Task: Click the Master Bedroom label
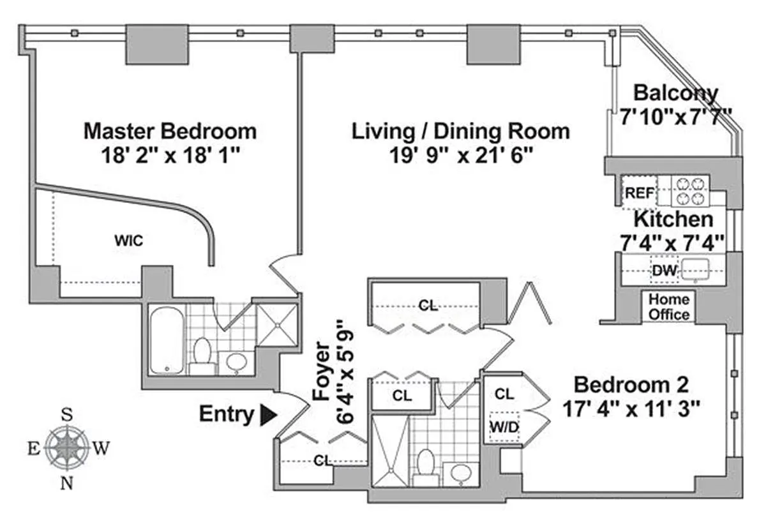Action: [x=170, y=131]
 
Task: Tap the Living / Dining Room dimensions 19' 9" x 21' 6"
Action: [x=461, y=155]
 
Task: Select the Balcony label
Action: [x=676, y=93]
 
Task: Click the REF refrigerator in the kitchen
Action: [x=639, y=193]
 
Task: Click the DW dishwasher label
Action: [x=664, y=271]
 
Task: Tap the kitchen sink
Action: [x=695, y=269]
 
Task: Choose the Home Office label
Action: [x=669, y=307]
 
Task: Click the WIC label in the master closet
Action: [x=128, y=241]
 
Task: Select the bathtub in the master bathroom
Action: [x=167, y=340]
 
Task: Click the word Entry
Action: [x=227, y=414]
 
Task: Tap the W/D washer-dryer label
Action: [x=504, y=427]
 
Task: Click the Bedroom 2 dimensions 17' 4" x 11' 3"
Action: [x=631, y=409]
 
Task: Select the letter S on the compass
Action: [x=67, y=414]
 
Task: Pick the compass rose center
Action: [x=67, y=447]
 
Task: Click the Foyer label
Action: [x=322, y=371]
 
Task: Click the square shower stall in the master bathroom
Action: [x=276, y=325]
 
